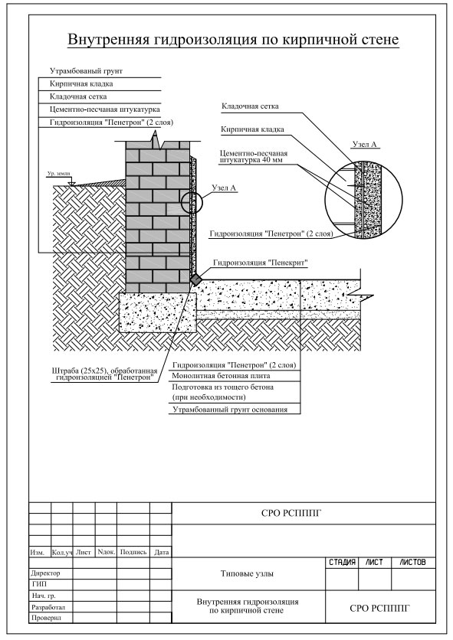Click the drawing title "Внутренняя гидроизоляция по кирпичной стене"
[x=233, y=40]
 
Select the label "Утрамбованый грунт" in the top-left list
[x=87, y=71]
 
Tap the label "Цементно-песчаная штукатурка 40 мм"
[x=254, y=157]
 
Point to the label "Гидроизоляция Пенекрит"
[x=261, y=263]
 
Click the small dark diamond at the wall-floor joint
[x=195, y=279]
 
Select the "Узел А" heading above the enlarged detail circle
[x=364, y=145]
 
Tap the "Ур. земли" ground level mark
[x=58, y=174]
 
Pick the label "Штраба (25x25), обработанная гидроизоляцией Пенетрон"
[x=105, y=374]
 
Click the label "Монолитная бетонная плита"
[x=221, y=376]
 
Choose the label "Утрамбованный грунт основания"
[x=230, y=410]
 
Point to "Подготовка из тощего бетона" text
[x=223, y=387]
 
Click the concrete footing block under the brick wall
[x=158, y=312]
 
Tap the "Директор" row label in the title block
[x=45, y=573]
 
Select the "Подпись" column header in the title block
[x=133, y=552]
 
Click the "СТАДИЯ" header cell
[x=342, y=563]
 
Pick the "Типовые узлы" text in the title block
[x=247, y=573]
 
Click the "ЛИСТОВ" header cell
[x=412, y=563]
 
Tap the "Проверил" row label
[x=46, y=618]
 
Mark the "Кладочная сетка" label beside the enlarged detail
[x=250, y=106]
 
